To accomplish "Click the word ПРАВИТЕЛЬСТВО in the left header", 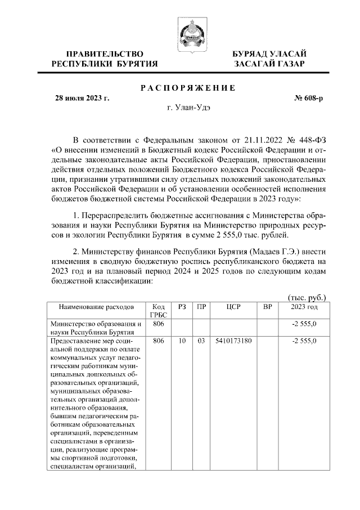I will click(x=105, y=53).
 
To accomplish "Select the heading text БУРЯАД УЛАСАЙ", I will click(x=270, y=53).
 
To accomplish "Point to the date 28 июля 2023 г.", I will click(x=82, y=98).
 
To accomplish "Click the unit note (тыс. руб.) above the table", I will click(x=307, y=298).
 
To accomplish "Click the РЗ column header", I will click(x=182, y=307).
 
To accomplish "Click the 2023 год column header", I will click(x=304, y=307).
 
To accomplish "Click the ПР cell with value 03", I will click(x=200, y=341).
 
